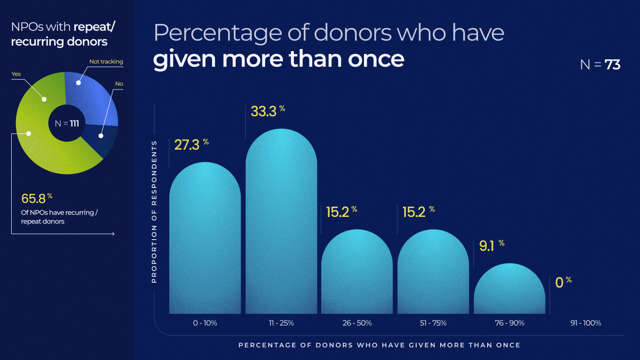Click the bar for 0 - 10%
(205, 240)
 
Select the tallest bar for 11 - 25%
(281, 224)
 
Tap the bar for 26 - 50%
(357, 273)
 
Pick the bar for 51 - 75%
(433, 273)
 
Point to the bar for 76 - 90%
(509, 289)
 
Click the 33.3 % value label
(268, 111)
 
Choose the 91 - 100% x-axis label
(585, 323)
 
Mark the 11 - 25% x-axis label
(281, 323)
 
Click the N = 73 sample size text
(600, 65)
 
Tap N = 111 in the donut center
(67, 124)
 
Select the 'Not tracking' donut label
(106, 62)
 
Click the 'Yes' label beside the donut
(16, 74)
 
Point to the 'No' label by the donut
(119, 84)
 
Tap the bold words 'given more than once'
(278, 59)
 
